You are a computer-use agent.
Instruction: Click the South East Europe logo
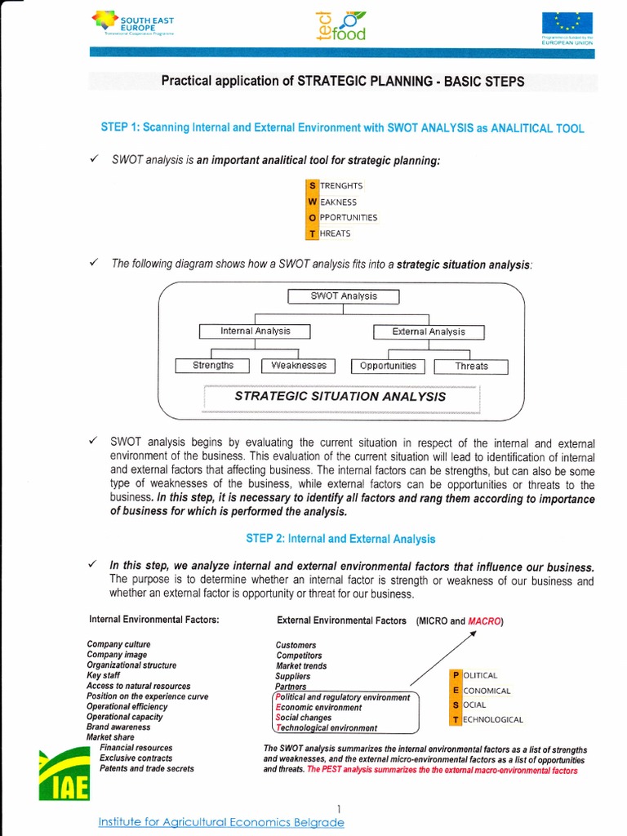(x=135, y=24)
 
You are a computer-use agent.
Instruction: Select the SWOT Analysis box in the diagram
(x=344, y=296)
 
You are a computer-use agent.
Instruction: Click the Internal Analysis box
(x=256, y=331)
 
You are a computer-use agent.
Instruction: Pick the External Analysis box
(x=428, y=332)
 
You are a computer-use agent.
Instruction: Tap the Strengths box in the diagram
(x=213, y=366)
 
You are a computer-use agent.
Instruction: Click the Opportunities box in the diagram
(x=388, y=366)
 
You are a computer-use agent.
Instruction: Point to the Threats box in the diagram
(x=471, y=367)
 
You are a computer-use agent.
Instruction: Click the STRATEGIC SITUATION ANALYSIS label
(x=340, y=397)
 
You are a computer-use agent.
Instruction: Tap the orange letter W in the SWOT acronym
(x=312, y=202)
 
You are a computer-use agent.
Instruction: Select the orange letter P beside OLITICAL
(x=456, y=675)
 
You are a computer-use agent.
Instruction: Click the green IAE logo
(x=64, y=775)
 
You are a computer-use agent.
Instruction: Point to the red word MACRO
(x=485, y=621)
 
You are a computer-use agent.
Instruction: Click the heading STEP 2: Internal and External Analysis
(x=340, y=539)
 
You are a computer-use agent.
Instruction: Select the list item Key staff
(x=104, y=676)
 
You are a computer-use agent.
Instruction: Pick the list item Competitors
(x=299, y=656)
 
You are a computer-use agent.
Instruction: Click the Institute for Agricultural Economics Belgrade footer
(x=220, y=822)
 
